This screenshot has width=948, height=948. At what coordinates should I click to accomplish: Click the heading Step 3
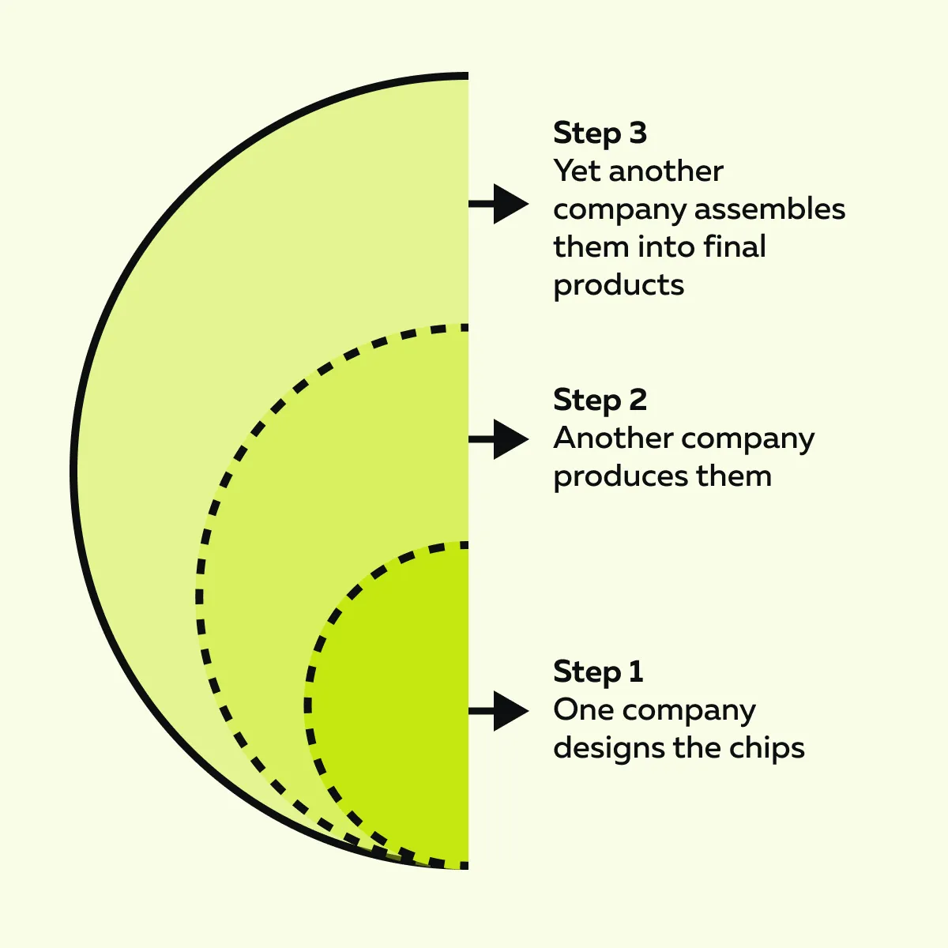tap(600, 134)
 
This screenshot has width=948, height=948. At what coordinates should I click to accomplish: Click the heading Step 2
tap(600, 400)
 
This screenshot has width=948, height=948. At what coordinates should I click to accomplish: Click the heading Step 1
tap(598, 672)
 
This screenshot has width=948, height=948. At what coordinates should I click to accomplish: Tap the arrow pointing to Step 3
tap(498, 204)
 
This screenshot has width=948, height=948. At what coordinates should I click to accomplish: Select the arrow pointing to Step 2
tap(498, 438)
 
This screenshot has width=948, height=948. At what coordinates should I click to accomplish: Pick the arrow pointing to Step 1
tap(498, 710)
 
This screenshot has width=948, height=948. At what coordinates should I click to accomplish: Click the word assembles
tap(769, 209)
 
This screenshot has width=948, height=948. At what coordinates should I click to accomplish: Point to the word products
tap(619, 286)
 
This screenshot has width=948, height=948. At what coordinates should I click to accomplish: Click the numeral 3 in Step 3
tap(638, 133)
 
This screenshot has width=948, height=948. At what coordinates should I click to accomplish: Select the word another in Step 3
tap(666, 171)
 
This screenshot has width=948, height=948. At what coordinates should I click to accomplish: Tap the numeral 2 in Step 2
tap(638, 400)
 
